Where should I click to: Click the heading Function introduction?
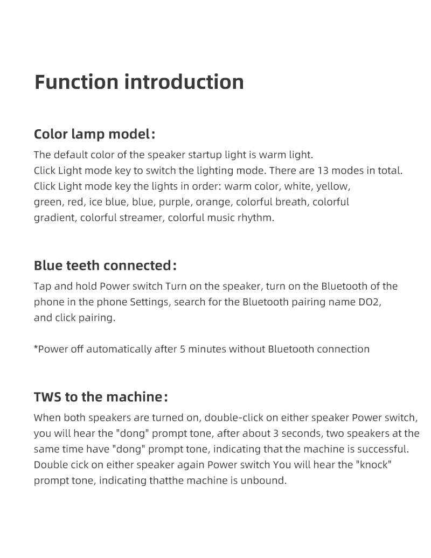139,82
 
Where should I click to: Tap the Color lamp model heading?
94,134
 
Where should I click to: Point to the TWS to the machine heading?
100,397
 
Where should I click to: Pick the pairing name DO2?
370,302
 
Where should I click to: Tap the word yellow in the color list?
333,186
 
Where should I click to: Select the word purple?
175,202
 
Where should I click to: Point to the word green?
47,203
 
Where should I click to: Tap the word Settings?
149,302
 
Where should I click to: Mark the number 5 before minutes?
183,349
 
